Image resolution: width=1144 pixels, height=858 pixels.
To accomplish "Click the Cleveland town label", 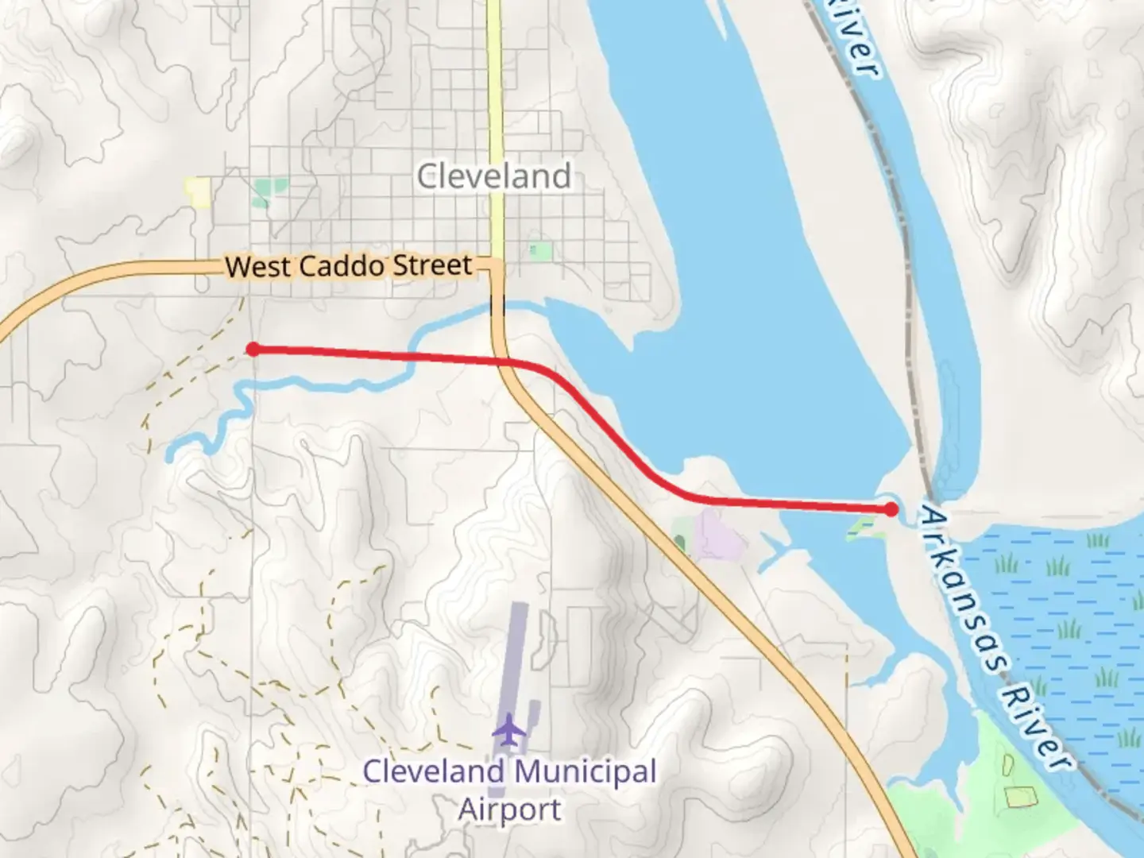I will coord(493,176).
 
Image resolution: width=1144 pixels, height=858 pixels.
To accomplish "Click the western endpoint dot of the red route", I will coord(253,349).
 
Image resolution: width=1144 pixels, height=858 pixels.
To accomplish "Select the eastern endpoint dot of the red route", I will coord(891,509).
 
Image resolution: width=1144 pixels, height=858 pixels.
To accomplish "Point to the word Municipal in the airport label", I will coord(585,771).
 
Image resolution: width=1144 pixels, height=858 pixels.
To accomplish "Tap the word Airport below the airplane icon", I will coord(509,810).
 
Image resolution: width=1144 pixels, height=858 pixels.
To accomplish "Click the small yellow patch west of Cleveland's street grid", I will coord(197,191).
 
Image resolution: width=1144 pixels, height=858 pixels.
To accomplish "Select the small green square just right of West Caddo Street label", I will coord(540,252).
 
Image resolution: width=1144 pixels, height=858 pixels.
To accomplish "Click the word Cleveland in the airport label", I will coord(433,771).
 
